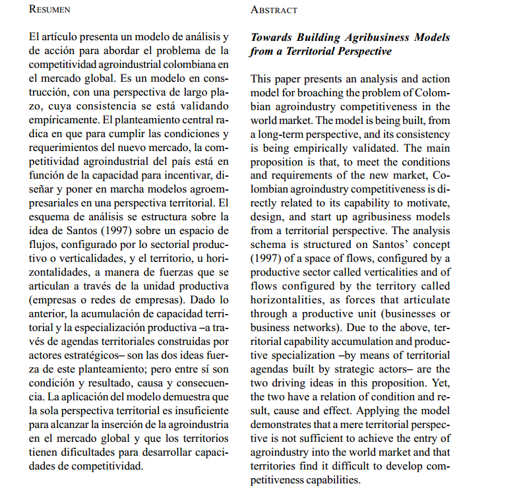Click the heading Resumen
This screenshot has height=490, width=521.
click(x=50, y=10)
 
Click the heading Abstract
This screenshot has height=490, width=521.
click(x=274, y=10)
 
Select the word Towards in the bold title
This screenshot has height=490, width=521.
click(x=272, y=38)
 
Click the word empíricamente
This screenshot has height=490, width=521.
click(x=63, y=119)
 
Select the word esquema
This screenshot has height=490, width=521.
click(x=49, y=216)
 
